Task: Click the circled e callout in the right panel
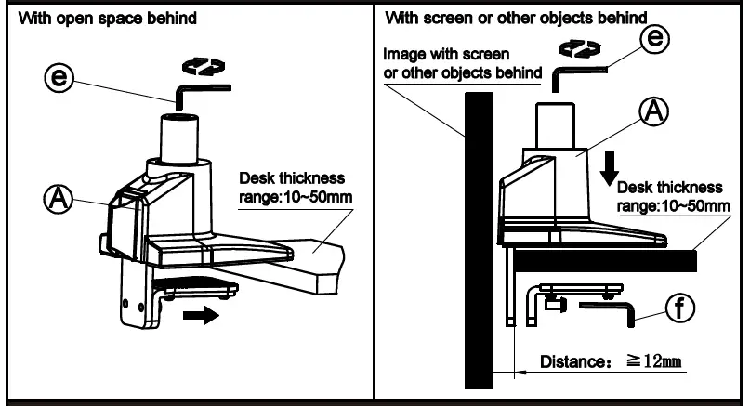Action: pyautogui.click(x=657, y=38)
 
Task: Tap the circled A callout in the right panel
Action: pyautogui.click(x=654, y=111)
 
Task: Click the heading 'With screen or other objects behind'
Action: pyautogui.click(x=517, y=18)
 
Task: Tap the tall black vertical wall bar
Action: pyautogui.click(x=479, y=242)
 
